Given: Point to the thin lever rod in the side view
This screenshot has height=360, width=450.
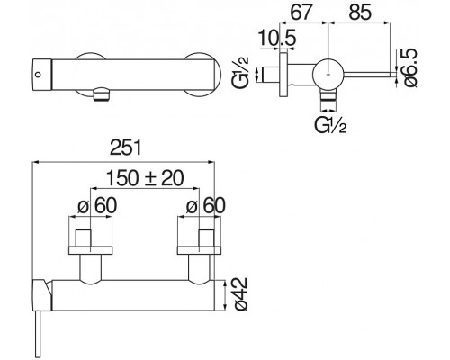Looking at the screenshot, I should (369, 72).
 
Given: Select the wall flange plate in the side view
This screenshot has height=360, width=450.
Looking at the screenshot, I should (286, 73).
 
